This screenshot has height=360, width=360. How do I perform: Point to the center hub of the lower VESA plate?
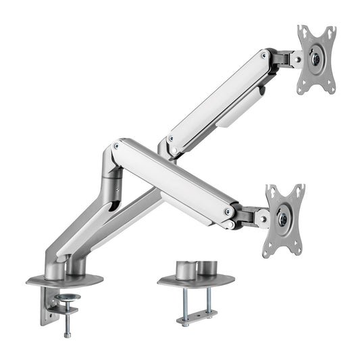[283, 220]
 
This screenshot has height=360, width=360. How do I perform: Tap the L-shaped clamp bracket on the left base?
[46, 304]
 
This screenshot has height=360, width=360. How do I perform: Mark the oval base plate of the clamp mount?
[64, 279]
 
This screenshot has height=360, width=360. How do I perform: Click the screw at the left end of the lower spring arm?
[118, 145]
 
